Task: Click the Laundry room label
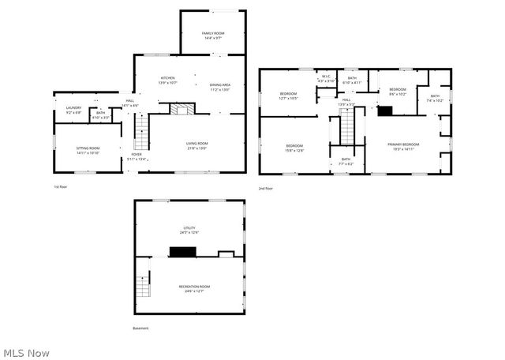click(73, 110)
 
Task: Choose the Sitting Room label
click(88, 150)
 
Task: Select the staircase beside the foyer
click(142, 132)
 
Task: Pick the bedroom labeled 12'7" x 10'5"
click(288, 96)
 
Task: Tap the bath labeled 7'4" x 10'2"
click(436, 98)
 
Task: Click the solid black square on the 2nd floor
click(386, 111)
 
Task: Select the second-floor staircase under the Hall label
click(348, 125)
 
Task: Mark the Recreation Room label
click(194, 288)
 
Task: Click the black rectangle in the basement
click(182, 252)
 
